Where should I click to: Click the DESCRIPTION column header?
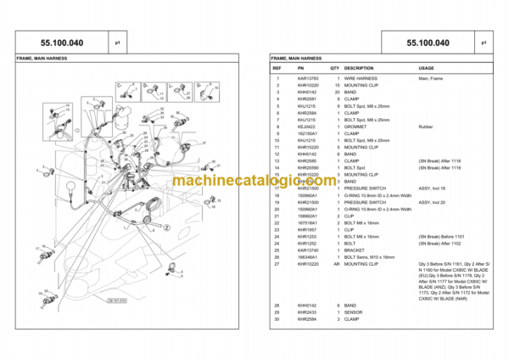[359, 67]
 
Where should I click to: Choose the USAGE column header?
[427, 67]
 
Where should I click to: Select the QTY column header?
[335, 67]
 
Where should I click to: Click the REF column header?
[277, 67]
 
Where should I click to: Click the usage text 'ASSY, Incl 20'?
[433, 202]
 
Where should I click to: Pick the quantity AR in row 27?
[338, 265]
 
